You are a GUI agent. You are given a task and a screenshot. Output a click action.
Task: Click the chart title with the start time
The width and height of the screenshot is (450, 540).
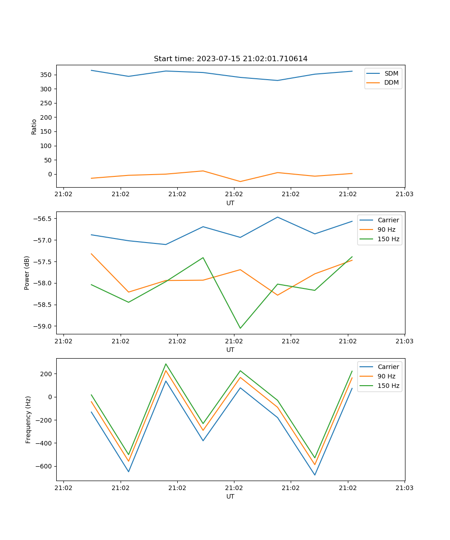point(230,59)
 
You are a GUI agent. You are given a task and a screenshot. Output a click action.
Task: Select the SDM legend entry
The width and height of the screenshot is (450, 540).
point(391,73)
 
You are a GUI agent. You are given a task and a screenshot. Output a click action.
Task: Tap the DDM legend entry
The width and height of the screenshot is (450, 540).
point(391,83)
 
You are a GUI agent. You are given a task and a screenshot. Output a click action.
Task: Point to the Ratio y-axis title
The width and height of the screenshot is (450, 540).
point(34,127)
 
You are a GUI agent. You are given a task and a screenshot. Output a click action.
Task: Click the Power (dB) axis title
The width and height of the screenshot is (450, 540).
point(27,273)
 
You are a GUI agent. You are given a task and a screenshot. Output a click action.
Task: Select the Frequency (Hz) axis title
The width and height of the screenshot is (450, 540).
point(28,419)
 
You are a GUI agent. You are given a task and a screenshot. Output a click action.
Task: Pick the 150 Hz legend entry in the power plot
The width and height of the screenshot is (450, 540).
point(388,239)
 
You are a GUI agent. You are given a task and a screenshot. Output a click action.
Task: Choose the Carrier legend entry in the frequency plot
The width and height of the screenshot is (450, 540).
point(388,367)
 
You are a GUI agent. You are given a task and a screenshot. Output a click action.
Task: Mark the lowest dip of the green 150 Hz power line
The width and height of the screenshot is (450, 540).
point(240,328)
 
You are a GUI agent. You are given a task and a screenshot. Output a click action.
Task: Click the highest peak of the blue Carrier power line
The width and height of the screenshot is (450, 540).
point(278,217)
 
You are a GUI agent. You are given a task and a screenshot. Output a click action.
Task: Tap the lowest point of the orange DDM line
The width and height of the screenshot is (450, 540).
point(240,181)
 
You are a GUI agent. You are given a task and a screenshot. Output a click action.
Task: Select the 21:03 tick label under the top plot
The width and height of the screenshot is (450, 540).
point(405,195)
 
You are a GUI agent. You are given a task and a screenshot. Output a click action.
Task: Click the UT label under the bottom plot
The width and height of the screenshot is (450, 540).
point(230,496)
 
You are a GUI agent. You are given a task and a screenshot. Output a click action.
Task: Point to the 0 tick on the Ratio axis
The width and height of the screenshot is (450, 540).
point(49,174)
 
